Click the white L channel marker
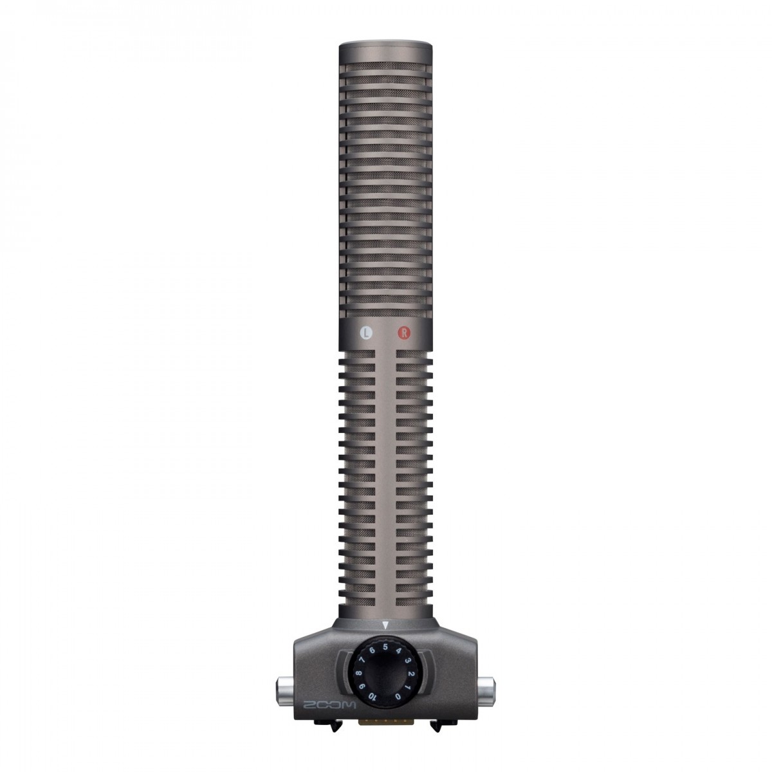pos(366,333)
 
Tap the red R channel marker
pos(403,333)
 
